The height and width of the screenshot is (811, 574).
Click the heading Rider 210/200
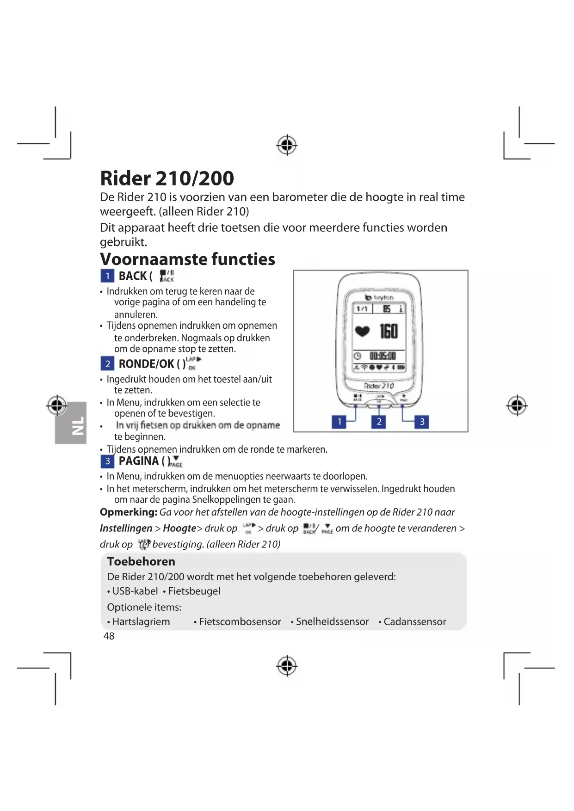pyautogui.click(x=167, y=178)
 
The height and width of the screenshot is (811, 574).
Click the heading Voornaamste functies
pyautogui.click(x=187, y=259)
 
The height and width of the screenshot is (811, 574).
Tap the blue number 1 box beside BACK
pyautogui.click(x=107, y=276)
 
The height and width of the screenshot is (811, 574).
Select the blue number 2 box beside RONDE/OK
pyautogui.click(x=107, y=364)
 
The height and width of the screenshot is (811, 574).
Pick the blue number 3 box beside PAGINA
pyautogui.click(x=107, y=461)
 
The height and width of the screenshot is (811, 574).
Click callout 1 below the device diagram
pyautogui.click(x=339, y=421)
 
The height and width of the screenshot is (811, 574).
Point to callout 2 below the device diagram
pyautogui.click(x=379, y=421)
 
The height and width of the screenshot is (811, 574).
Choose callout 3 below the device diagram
pyautogui.click(x=422, y=421)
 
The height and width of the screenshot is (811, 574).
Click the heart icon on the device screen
pyautogui.click(x=362, y=331)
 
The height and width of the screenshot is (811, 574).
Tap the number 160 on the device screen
pyautogui.click(x=389, y=331)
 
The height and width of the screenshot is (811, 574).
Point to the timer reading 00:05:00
pyautogui.click(x=383, y=356)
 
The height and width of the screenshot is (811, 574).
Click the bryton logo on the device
pyautogui.click(x=380, y=297)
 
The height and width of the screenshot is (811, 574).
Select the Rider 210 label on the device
pyautogui.click(x=379, y=386)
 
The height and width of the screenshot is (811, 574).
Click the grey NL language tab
pyautogui.click(x=71, y=423)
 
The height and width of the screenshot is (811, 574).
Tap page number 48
pyautogui.click(x=109, y=636)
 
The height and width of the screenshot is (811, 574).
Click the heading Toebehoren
pyautogui.click(x=141, y=561)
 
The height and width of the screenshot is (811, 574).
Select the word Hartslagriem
pyautogui.click(x=141, y=622)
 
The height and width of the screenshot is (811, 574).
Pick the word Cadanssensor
pyautogui.click(x=415, y=622)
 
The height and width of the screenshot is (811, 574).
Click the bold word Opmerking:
pyautogui.click(x=129, y=512)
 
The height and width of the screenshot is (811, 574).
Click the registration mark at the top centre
pyautogui.click(x=287, y=145)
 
